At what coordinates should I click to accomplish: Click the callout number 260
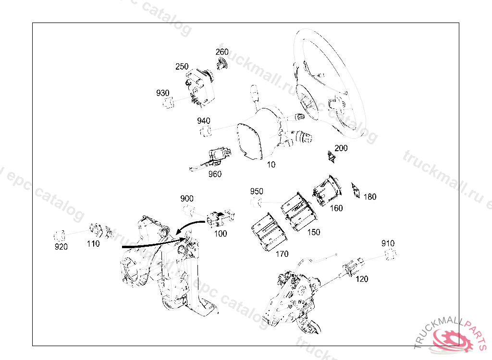pos(222,52)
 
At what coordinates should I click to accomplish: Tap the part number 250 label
pos(182,67)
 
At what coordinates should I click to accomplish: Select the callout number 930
pos(162,93)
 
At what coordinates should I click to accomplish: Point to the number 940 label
pos(204,121)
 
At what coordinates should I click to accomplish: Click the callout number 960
pos(215,174)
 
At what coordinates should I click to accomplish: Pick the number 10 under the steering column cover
pos(271,165)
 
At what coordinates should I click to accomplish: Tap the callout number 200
pos(341,148)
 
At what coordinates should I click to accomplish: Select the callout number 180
pos(369,197)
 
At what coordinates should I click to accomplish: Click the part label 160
pos(336,208)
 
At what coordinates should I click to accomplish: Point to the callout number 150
pos(313,232)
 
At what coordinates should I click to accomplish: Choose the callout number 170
pos(282,254)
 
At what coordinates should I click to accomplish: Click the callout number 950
pos(257,192)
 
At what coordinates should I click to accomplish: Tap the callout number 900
pos(187,199)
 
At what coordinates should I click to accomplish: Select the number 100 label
pos(220,234)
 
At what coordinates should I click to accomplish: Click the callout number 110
pos(93,244)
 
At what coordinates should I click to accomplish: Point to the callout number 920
pos(61,247)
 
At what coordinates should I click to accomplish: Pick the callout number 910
pos(388,243)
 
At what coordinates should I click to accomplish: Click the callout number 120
pos(361,279)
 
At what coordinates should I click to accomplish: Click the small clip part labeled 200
pos(331,156)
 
